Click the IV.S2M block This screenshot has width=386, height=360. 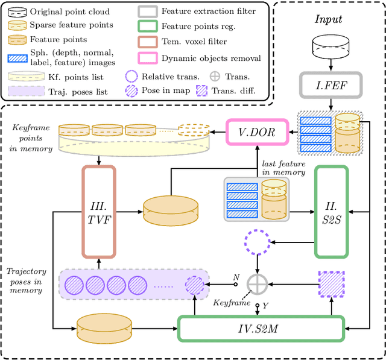261,330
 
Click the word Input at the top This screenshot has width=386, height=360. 329,19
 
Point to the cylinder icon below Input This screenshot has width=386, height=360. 329,47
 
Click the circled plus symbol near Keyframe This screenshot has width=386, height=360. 259,283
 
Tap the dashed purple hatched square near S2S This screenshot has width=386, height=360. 331,283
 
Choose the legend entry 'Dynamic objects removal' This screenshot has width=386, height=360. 210,58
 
